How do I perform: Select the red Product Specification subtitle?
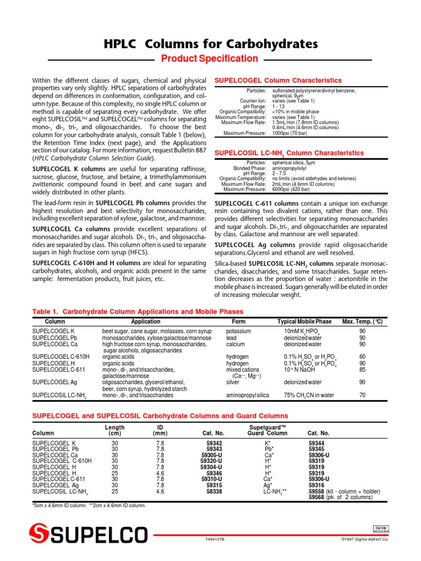(210, 59)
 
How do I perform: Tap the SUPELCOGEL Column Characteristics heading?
(277, 81)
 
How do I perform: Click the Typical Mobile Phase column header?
(304, 322)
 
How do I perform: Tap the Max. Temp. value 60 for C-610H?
(362, 356)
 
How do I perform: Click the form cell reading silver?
(234, 382)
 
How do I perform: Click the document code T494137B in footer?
(215, 539)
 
